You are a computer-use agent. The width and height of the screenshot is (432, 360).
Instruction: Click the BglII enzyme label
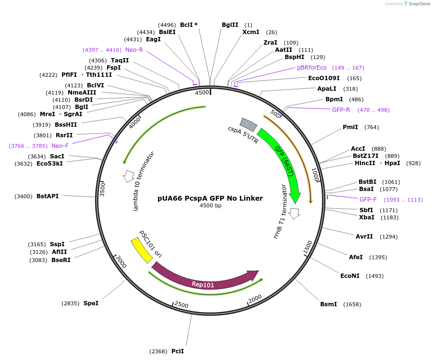click(230, 25)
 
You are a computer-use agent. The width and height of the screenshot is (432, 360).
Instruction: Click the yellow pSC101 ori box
click(141, 250)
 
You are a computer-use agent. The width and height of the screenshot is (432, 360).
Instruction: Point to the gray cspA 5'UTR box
click(248, 125)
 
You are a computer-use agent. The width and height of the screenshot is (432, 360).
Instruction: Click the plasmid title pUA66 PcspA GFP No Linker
click(210, 198)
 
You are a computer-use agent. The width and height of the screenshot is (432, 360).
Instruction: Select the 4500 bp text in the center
click(210, 206)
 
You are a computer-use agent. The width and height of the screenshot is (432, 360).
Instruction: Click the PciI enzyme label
click(178, 351)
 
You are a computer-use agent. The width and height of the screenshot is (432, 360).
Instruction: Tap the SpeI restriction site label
click(91, 303)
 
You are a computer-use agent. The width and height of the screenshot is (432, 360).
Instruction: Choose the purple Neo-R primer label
click(134, 50)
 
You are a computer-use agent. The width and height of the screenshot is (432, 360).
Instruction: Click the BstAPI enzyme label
click(48, 196)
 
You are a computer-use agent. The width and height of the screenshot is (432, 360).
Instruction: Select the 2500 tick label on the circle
click(181, 305)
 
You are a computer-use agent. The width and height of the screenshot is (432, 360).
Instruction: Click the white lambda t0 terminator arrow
click(129, 176)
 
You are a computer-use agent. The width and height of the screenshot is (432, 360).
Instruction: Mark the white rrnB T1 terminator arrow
click(294, 212)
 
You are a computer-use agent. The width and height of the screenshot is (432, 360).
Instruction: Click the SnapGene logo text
click(419, 4)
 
